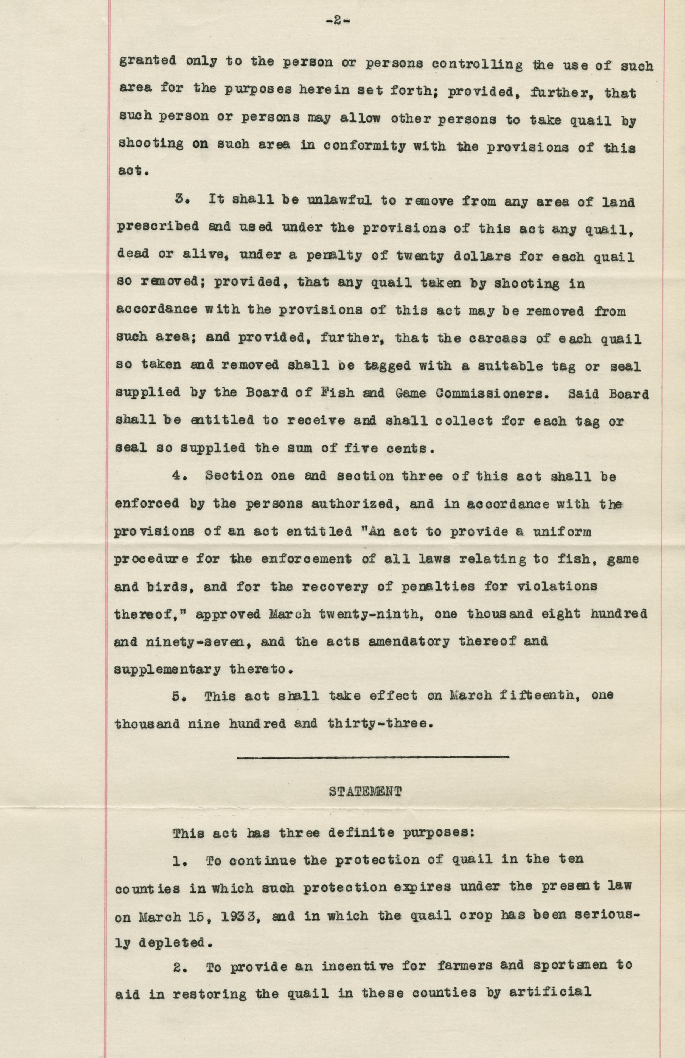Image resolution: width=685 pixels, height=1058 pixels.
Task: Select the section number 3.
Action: click(179, 201)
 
